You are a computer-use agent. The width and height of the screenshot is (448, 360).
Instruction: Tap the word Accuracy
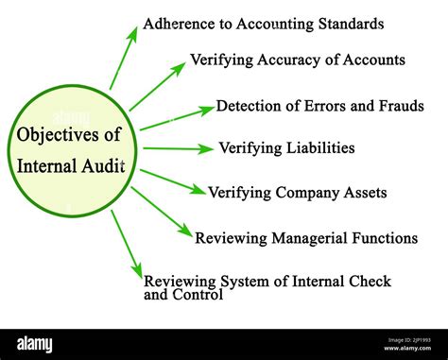coord(284,60)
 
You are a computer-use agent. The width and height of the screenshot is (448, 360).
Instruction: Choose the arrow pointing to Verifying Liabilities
coord(178,148)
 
